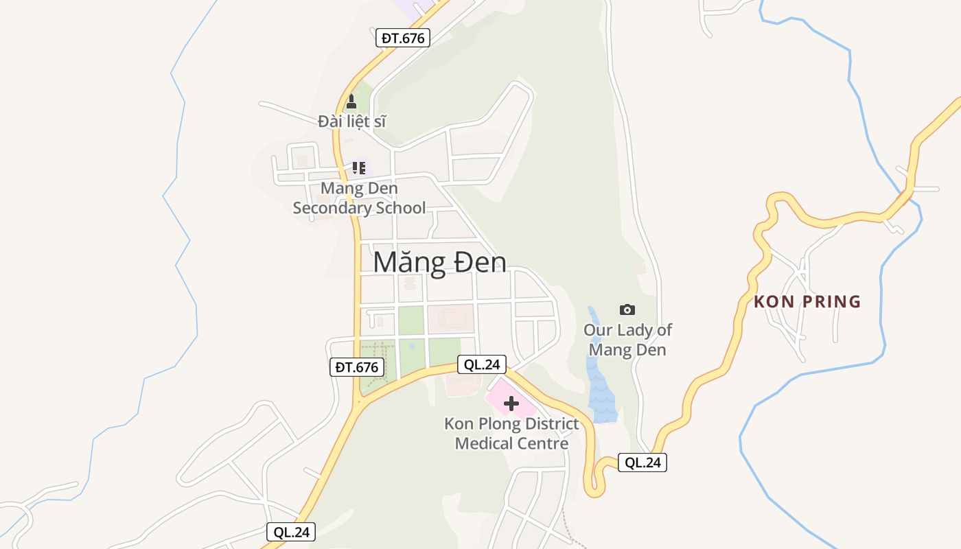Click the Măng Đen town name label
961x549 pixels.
click(x=440, y=263)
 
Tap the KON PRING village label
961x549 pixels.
click(x=807, y=301)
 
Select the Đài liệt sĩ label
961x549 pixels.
click(x=352, y=121)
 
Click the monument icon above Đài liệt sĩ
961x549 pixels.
click(x=351, y=102)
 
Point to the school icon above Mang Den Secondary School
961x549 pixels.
click(x=358, y=167)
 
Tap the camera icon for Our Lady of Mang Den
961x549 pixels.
click(x=627, y=309)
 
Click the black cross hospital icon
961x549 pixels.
click(x=511, y=404)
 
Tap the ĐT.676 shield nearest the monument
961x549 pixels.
click(x=403, y=38)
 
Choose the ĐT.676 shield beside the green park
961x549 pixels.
click(x=356, y=367)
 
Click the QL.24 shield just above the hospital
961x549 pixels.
click(x=482, y=364)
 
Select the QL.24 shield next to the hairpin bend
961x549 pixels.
click(x=642, y=463)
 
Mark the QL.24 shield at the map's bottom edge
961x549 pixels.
click(x=291, y=532)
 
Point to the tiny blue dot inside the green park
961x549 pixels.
click(x=412, y=345)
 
